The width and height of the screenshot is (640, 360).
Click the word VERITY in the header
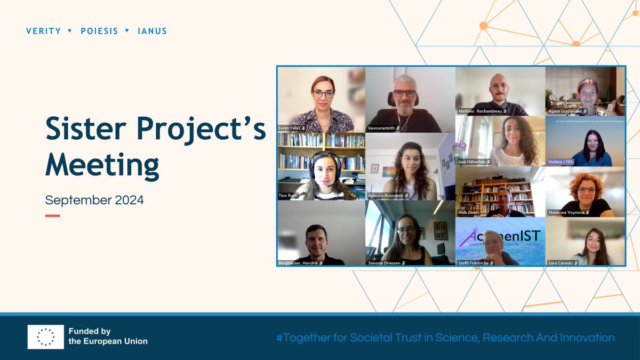point(43,31)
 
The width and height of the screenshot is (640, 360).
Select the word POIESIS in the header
point(99,31)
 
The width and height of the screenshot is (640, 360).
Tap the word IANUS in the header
point(153,31)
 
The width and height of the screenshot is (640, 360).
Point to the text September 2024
point(94,201)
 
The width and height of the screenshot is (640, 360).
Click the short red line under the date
point(52,215)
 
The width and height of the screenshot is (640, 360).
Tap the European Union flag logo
point(46,337)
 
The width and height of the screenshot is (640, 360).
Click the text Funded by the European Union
point(108,337)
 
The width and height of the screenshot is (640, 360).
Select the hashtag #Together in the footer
point(307,338)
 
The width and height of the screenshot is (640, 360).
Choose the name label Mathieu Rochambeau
point(480,111)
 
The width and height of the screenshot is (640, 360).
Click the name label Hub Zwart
point(470,212)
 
